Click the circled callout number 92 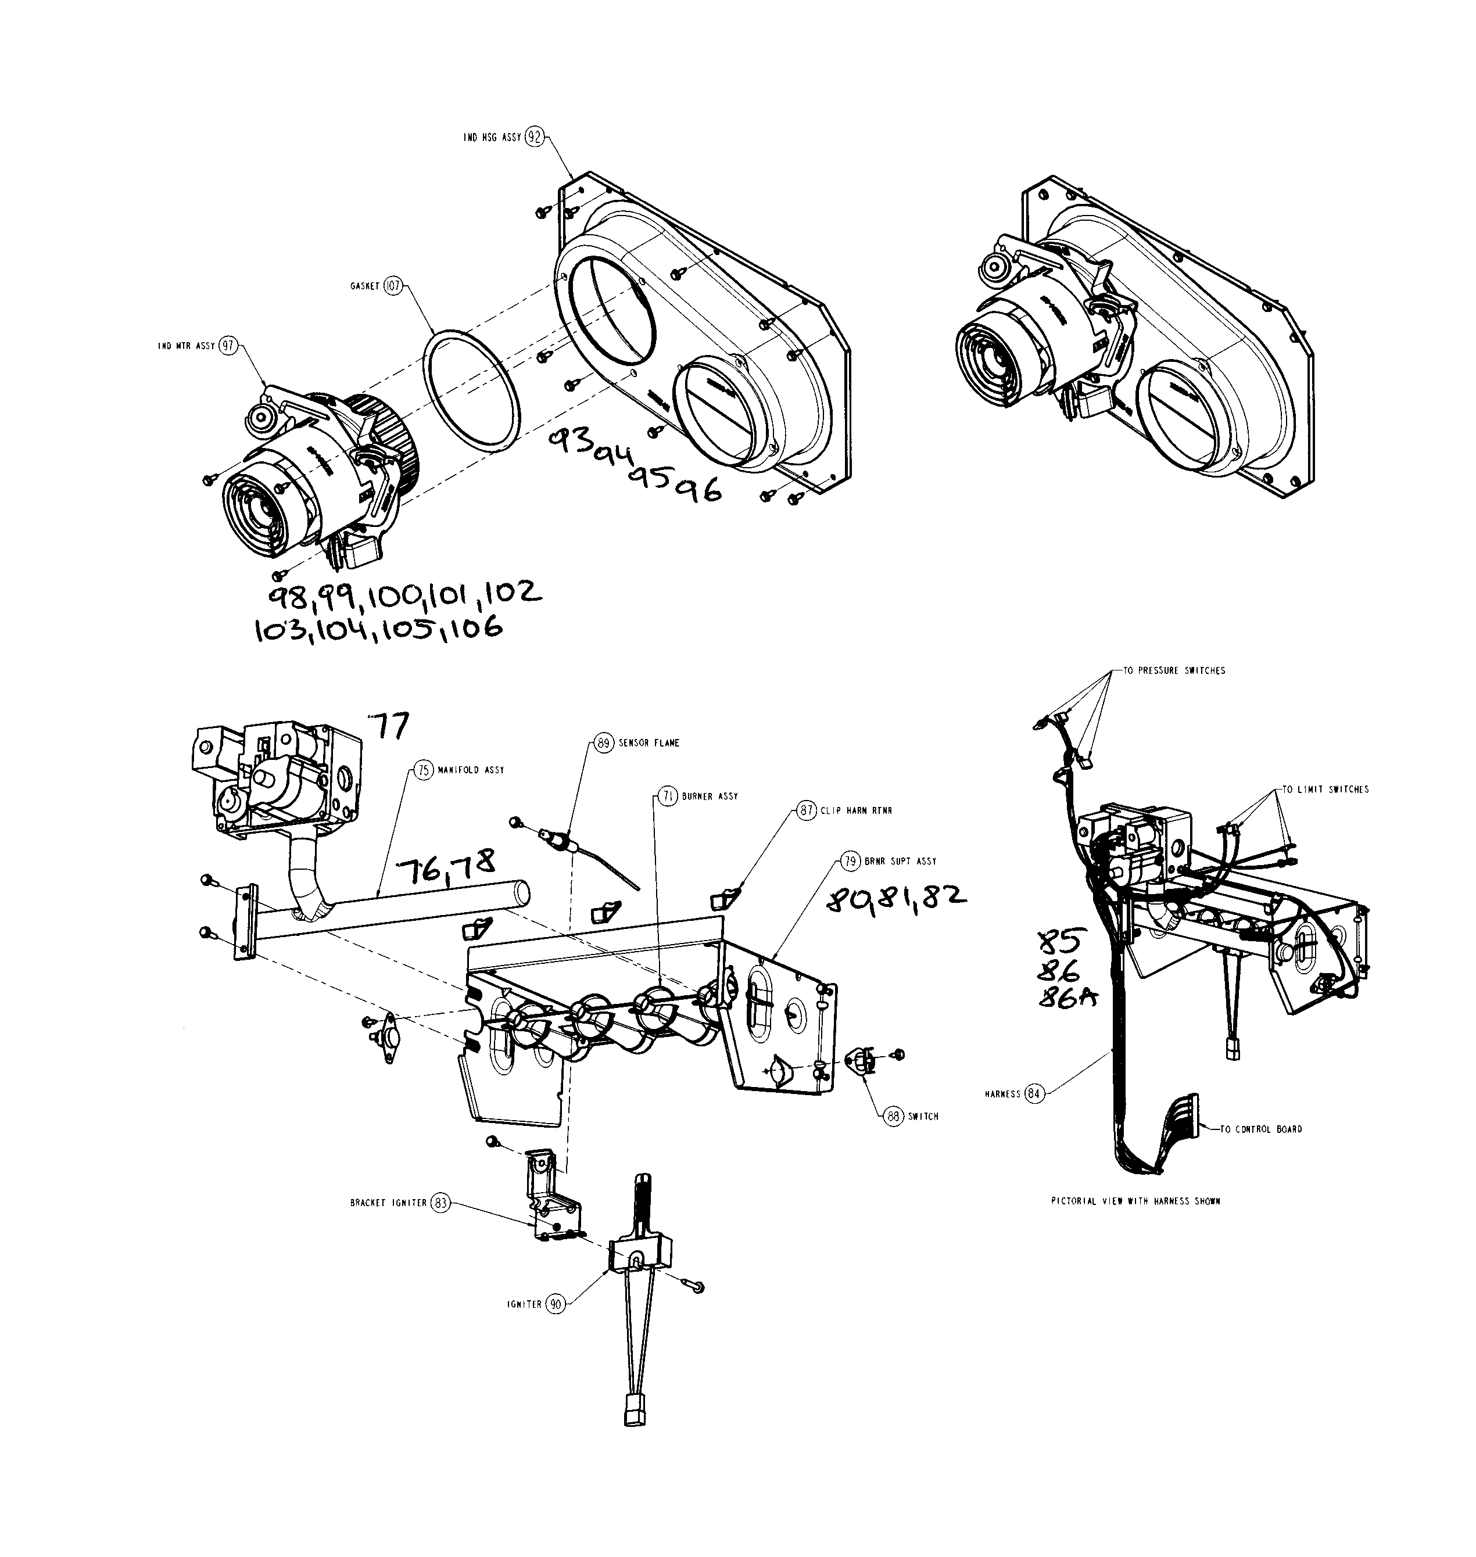(x=534, y=137)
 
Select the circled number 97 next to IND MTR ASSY (x=227, y=346)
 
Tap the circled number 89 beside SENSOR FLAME (x=603, y=742)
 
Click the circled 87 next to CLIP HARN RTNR (x=807, y=811)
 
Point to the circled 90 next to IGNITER (x=556, y=1304)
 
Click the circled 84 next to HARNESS (x=1034, y=1093)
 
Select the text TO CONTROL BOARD (x=1260, y=1129)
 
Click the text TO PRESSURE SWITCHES (x=1173, y=671)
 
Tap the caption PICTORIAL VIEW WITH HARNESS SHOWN (x=1135, y=1201)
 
